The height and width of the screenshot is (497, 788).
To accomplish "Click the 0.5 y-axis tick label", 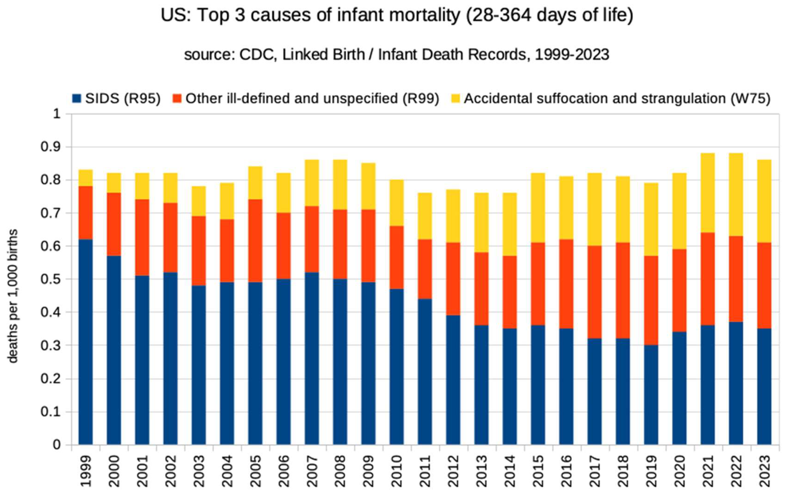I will coord(51,279).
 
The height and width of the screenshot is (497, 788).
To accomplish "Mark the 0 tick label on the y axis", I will coord(57,445).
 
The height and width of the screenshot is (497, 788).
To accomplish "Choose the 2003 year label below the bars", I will coord(199,471).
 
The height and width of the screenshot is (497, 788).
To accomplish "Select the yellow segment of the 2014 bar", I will coord(509,224).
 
